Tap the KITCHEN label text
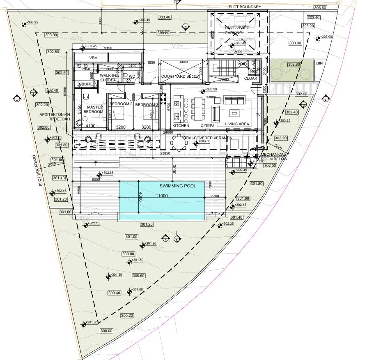click(x=181, y=125)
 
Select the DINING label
click(x=207, y=125)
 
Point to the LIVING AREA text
click(x=237, y=124)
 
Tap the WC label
click(x=132, y=76)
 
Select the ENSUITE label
click(x=85, y=84)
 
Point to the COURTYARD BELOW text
click(x=181, y=76)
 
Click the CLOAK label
click(x=250, y=78)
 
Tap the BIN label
click(x=319, y=63)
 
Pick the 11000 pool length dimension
click(x=161, y=196)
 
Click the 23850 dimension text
click(x=166, y=153)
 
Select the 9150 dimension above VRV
click(x=108, y=48)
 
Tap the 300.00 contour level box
click(x=106, y=331)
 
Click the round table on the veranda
click(x=179, y=143)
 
